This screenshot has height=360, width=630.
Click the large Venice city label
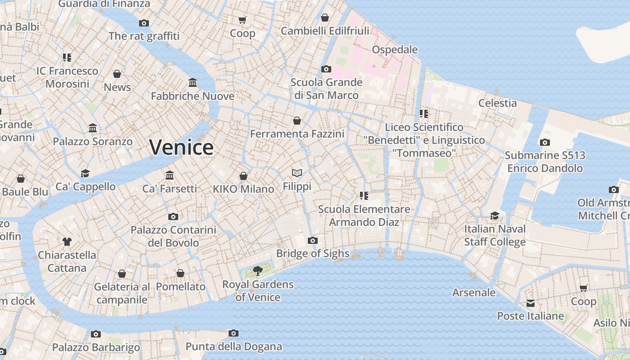coord(181,147)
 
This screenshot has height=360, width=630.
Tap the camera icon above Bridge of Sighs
coord(313,240)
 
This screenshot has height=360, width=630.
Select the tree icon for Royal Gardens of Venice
coord(258,270)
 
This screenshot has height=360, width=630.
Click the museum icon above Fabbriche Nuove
coord(193,83)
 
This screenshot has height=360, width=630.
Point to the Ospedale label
coord(395,49)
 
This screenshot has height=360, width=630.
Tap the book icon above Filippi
coord(297,173)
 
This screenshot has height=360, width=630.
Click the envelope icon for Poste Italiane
coord(531,303)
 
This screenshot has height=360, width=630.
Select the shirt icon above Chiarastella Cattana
coord(67,242)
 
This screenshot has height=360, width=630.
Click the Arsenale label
coord(474,292)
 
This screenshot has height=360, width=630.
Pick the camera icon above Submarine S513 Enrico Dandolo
coord(544,142)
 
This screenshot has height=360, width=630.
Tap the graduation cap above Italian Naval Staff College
coord(495,216)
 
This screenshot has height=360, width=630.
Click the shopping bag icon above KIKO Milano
coord(243,175)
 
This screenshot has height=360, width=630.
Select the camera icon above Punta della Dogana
coord(233,333)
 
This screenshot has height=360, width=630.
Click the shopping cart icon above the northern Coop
coord(242,20)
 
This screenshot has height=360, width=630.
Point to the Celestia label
coord(497,103)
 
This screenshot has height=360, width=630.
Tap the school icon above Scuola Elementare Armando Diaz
coord(364,196)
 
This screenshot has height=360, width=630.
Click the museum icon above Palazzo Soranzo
coord(93,128)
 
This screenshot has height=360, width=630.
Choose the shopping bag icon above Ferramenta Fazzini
coord(297,121)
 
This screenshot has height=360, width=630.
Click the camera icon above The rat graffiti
coord(144,23)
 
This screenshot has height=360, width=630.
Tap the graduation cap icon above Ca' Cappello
coord(85,173)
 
